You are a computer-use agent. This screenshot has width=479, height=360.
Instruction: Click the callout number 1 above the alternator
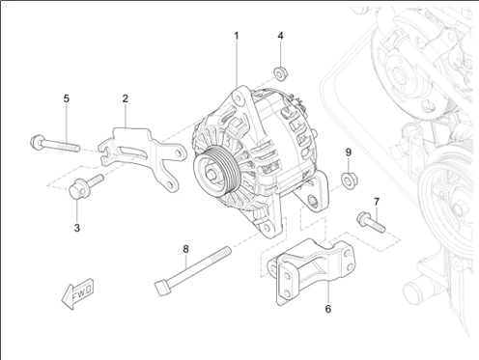[237, 36]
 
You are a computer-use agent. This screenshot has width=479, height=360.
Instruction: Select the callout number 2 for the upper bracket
[126, 98]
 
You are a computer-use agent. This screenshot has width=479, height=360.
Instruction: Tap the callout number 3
[77, 228]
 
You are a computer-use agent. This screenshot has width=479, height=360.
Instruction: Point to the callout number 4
[281, 36]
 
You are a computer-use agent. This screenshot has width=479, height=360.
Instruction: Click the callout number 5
[67, 98]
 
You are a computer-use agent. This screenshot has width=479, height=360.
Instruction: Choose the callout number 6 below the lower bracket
[328, 309]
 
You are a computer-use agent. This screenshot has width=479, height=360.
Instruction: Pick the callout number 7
[377, 202]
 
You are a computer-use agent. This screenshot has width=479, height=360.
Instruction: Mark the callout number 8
[185, 249]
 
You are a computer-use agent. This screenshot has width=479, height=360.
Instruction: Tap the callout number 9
[349, 152]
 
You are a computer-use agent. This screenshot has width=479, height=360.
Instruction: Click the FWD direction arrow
[77, 293]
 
